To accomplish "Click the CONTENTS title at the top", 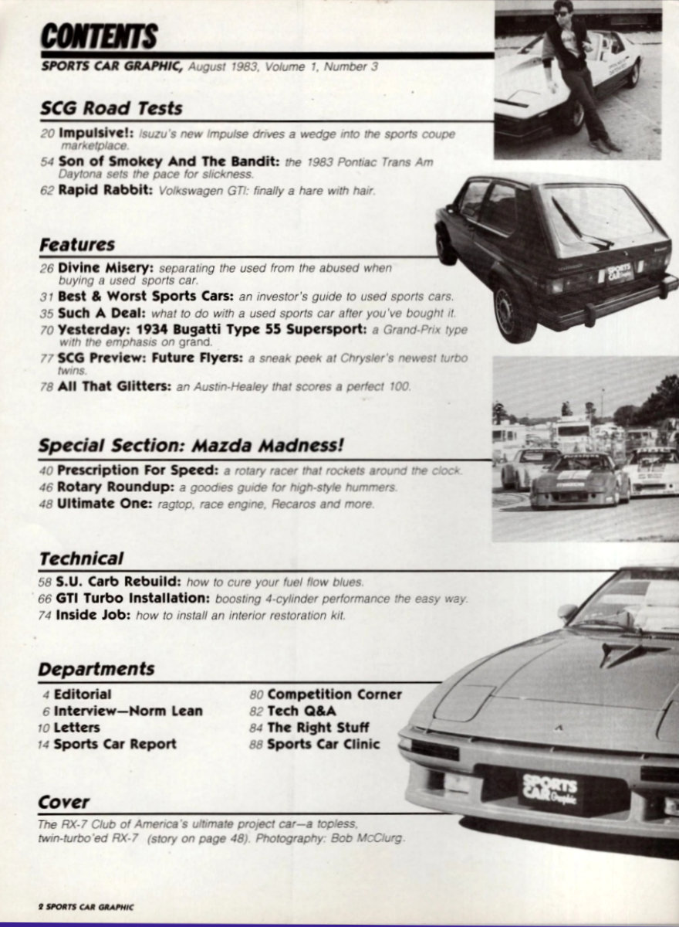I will coord(99,36).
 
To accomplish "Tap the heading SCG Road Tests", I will coord(110,108).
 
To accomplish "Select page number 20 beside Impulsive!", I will coord(47,134).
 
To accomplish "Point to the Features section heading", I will coord(77,245).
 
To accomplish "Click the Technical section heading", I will coord(81,558).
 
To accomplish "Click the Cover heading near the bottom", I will coord(64,802).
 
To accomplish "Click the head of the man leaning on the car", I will coord(563,12).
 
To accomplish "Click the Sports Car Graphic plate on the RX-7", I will coord(550,788).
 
